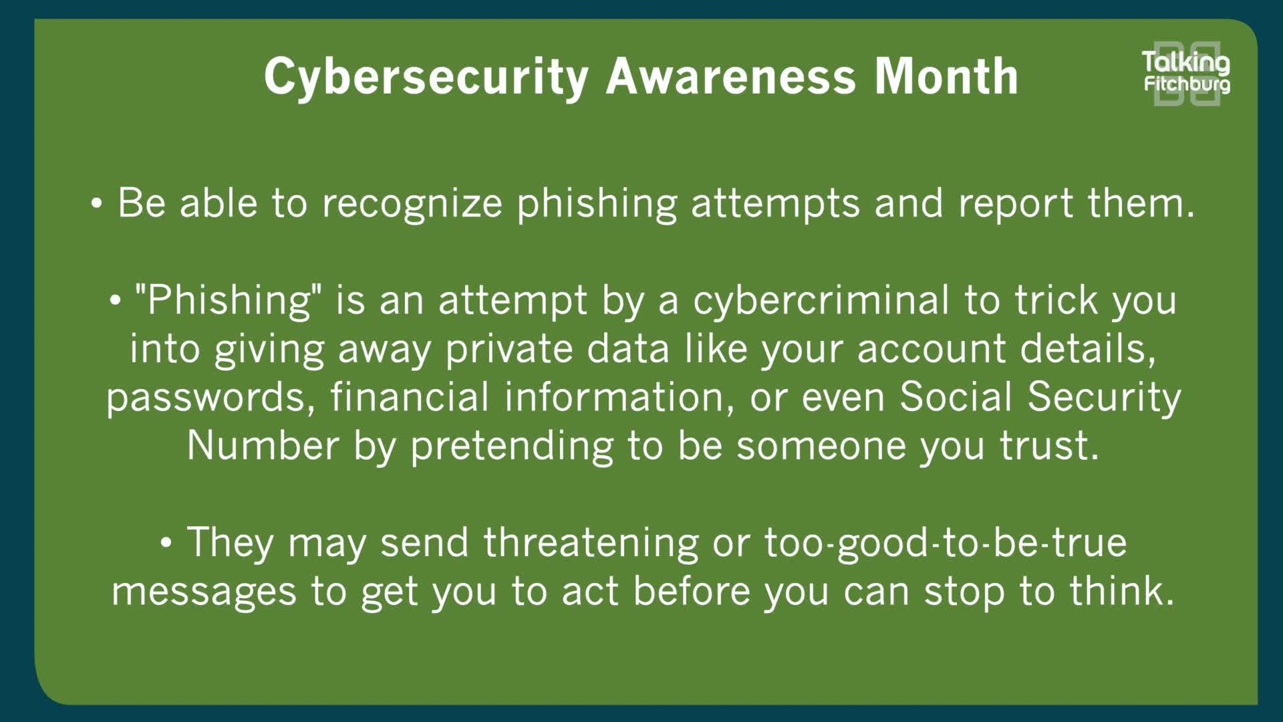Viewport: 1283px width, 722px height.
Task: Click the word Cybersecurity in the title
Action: coord(426,77)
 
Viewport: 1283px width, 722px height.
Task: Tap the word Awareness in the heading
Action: coord(730,77)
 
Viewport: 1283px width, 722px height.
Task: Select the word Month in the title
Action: coord(946,77)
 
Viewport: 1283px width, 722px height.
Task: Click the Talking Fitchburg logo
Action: coord(1187,73)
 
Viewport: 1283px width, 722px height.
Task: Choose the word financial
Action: coord(410,397)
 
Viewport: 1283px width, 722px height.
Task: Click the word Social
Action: coord(956,397)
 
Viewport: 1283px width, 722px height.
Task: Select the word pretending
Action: coord(511,446)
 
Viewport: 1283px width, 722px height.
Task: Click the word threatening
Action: coord(591,542)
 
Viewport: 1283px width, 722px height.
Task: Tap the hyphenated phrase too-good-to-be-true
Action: coord(945,542)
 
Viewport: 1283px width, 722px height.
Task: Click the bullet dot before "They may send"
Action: coord(166,543)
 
